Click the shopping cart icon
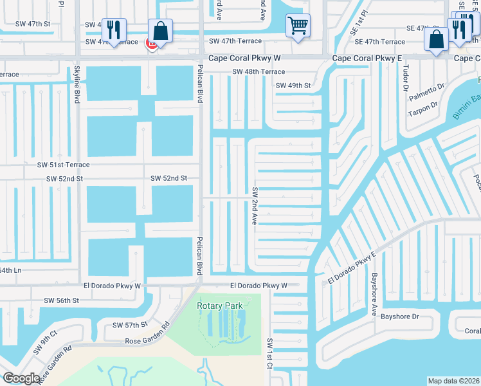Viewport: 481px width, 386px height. point(298,26)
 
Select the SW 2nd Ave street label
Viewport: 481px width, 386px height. point(255,206)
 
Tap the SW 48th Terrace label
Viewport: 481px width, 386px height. point(259,72)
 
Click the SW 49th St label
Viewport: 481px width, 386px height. point(293,86)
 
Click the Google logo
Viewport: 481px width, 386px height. point(22,378)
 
